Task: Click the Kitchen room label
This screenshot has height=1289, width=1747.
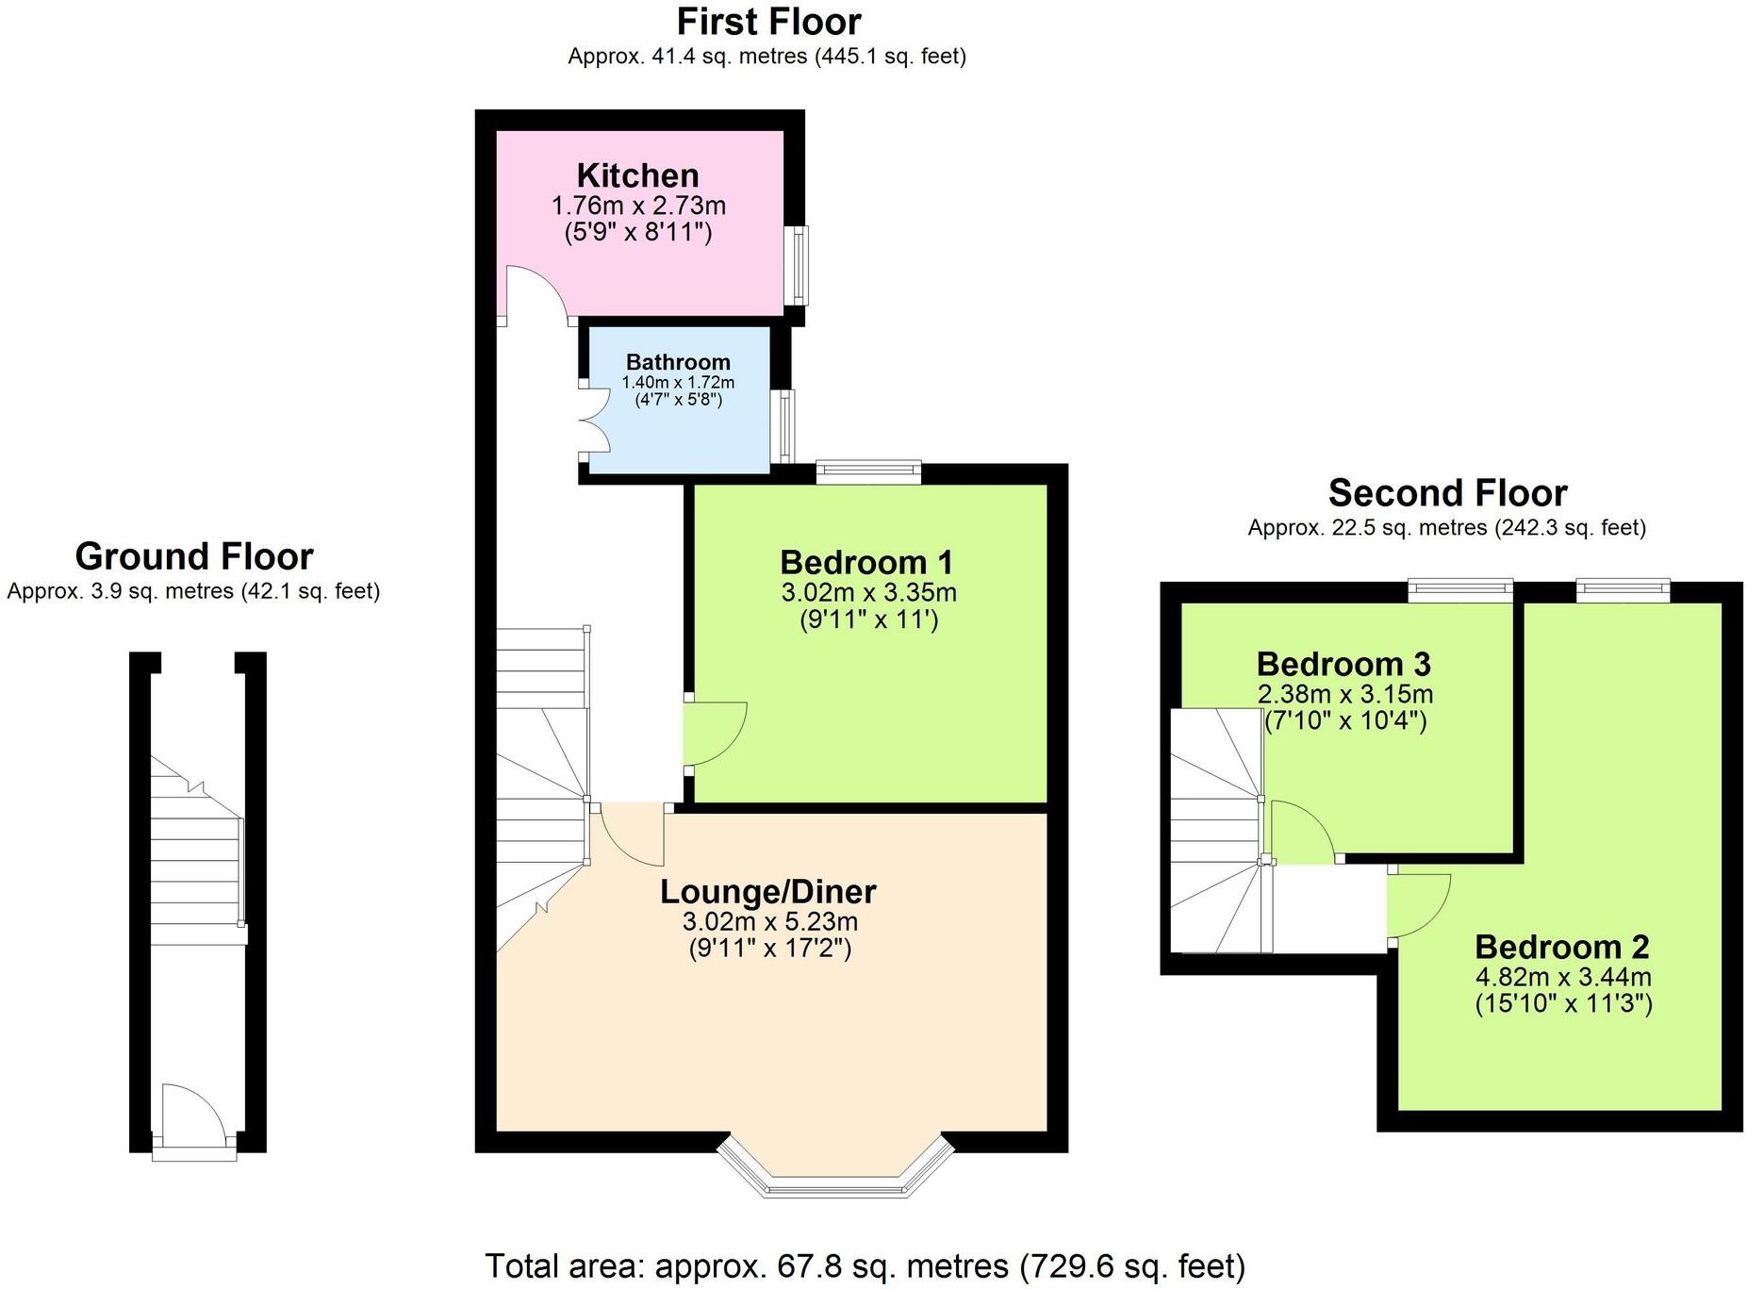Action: [637, 175]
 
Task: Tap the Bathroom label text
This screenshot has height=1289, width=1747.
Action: [678, 362]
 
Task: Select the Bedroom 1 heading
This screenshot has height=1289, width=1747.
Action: [865, 562]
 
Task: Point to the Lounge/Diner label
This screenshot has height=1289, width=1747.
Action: [767, 891]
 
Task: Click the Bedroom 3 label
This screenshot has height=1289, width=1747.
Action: [1343, 664]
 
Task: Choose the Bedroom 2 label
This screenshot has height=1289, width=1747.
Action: [1561, 946]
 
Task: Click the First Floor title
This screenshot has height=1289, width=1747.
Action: [768, 22]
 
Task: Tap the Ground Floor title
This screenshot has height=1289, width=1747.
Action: [193, 556]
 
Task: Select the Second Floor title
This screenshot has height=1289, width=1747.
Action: [1447, 493]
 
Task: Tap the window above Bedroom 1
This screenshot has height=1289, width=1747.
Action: [867, 471]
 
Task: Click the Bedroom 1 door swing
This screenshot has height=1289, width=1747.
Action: [714, 733]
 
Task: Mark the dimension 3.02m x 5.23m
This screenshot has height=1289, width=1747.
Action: [769, 921]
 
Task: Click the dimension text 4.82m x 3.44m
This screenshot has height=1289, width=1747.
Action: [1562, 977]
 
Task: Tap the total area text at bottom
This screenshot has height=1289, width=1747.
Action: [865, 1265]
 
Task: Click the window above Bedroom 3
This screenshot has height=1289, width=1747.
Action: [1459, 590]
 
